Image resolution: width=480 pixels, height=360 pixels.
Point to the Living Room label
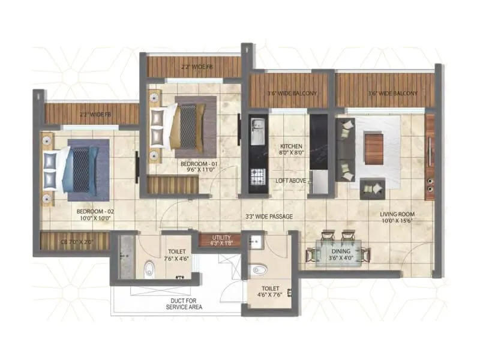397,217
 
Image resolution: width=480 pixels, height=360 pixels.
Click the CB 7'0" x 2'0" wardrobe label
75,241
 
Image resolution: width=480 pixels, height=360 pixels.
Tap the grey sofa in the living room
345,149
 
